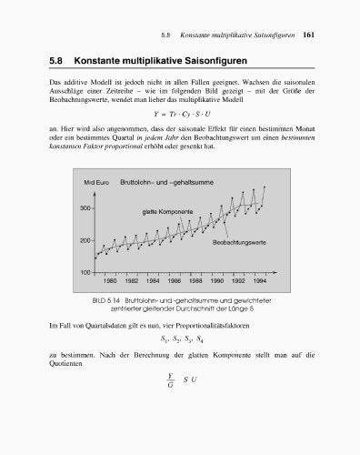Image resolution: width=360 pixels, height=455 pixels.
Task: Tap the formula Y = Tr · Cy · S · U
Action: pyautogui.click(x=181, y=116)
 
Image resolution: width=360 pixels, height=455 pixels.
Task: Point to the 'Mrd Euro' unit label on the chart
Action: pyautogui.click(x=96, y=185)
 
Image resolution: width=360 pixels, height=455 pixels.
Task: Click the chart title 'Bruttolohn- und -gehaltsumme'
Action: pyautogui.click(x=167, y=185)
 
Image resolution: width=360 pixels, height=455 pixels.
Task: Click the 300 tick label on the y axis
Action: pyautogui.click(x=86, y=207)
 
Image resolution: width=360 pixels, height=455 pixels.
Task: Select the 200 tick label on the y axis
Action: pyautogui.click(x=86, y=240)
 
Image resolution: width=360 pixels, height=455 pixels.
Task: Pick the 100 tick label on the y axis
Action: pyautogui.click(x=86, y=272)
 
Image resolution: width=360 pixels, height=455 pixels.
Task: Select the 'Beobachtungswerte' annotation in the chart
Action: pyautogui.click(x=238, y=243)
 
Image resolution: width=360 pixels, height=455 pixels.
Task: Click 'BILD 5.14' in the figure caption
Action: pyautogui.click(x=106, y=299)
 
